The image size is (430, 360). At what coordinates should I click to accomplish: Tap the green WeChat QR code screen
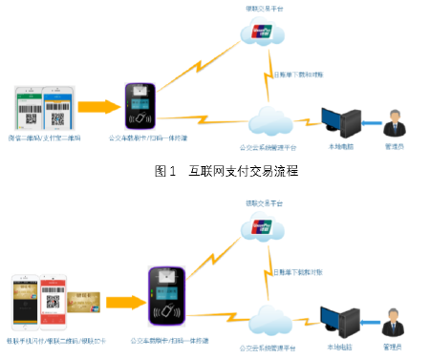[x=30, y=108]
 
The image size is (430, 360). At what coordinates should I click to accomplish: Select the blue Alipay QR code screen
[x=57, y=108]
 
